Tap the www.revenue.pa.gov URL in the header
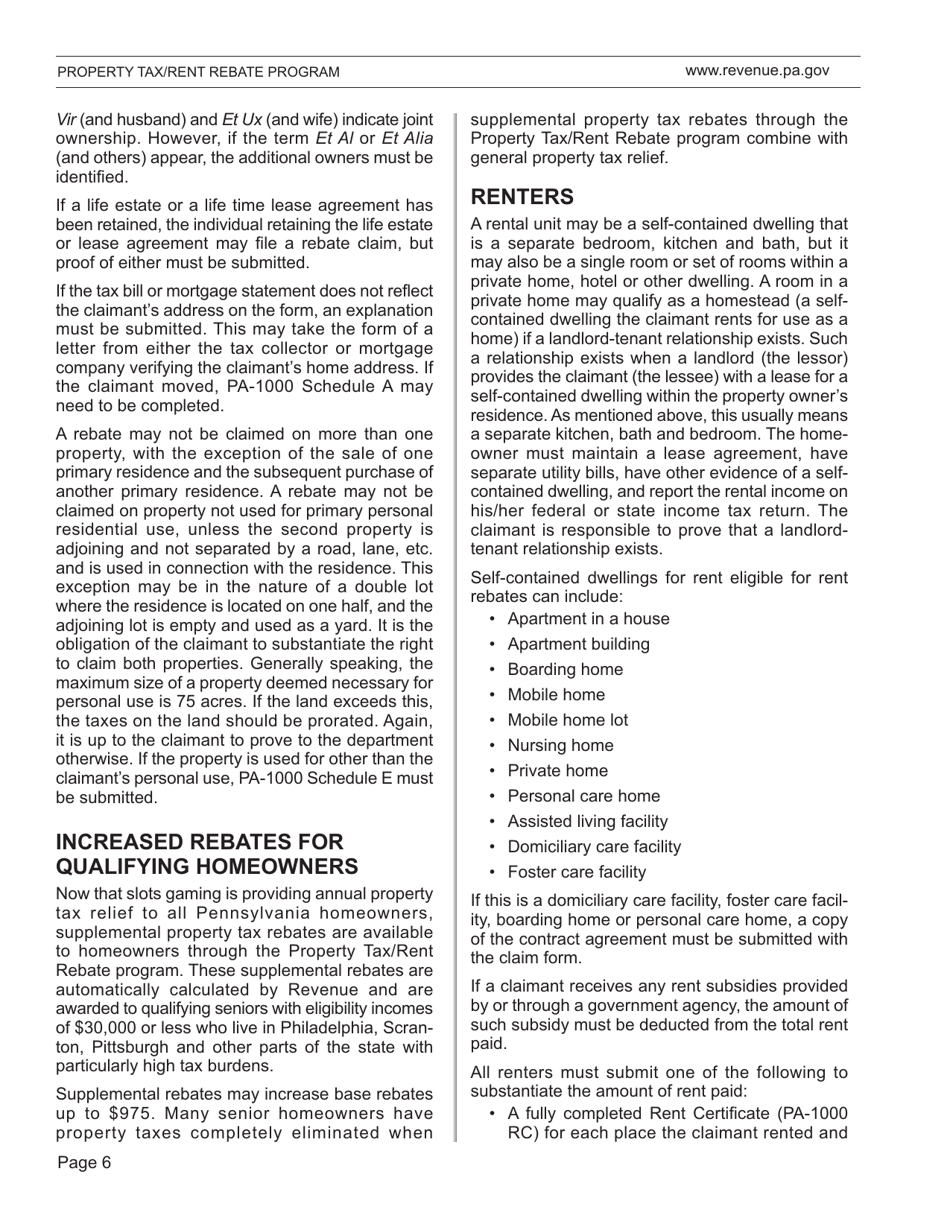tap(757, 71)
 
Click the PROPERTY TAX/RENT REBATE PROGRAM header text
tap(198, 72)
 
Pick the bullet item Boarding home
tap(565, 670)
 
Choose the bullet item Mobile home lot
tap(568, 720)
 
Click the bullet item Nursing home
tap(561, 745)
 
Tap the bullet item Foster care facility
tap(577, 872)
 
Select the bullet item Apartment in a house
tap(589, 619)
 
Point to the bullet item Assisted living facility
tap(588, 821)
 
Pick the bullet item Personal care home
tap(584, 796)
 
